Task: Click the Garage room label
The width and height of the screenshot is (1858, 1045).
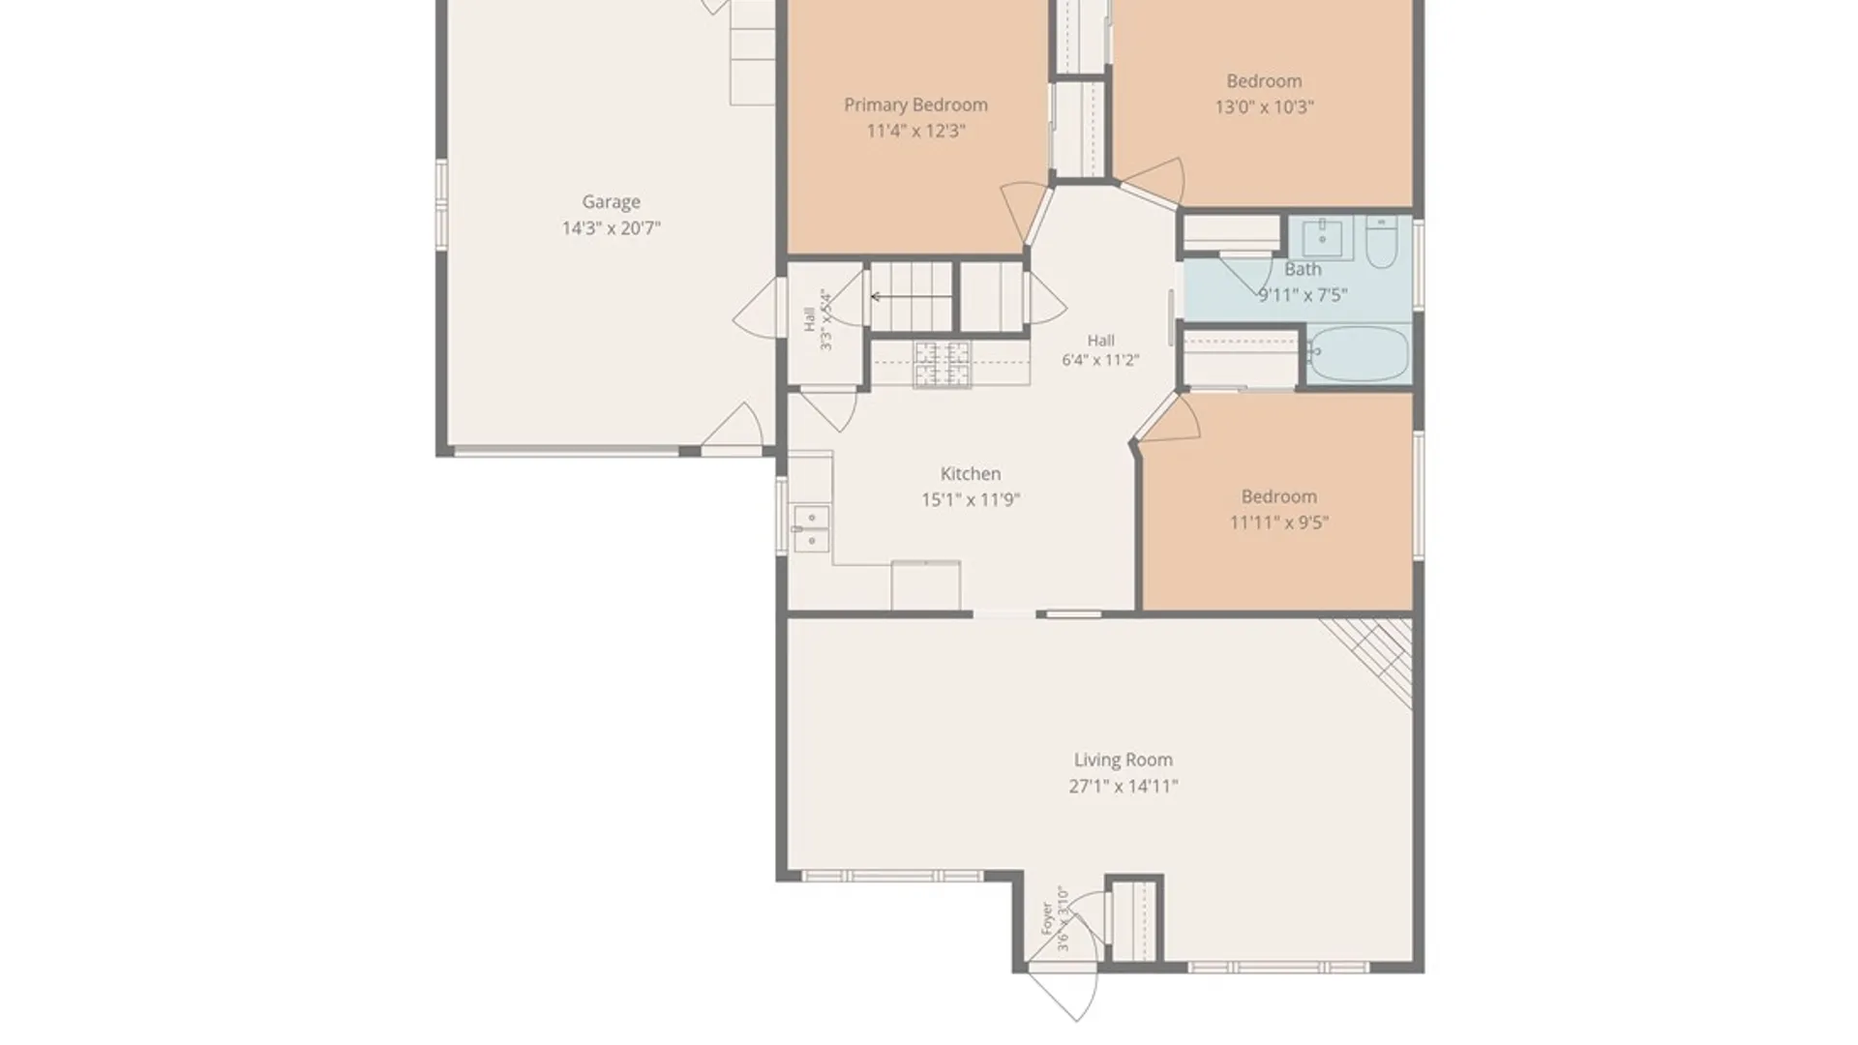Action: click(x=611, y=202)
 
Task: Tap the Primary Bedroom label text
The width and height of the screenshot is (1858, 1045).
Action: click(x=915, y=105)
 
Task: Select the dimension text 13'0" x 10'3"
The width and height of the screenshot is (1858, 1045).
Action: click(x=1264, y=107)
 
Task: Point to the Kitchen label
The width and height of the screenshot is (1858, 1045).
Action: click(x=971, y=474)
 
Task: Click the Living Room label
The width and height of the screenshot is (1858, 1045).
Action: click(x=1123, y=761)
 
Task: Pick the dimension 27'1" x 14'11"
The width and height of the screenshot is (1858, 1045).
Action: click(x=1123, y=787)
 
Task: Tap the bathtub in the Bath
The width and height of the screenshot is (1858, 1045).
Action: click(x=1358, y=353)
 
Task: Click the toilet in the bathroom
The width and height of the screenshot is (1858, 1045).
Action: click(x=1381, y=242)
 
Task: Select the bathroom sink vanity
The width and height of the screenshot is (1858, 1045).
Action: click(x=1321, y=238)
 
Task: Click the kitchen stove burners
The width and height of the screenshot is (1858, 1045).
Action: click(x=942, y=365)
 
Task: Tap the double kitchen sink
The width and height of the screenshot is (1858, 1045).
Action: click(x=811, y=528)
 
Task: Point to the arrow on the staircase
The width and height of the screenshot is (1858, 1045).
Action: click(x=911, y=297)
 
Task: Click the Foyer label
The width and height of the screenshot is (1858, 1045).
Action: click(x=1047, y=918)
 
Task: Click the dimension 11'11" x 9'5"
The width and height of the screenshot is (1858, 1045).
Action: click(x=1278, y=522)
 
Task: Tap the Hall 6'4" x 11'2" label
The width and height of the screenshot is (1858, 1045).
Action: click(x=1100, y=350)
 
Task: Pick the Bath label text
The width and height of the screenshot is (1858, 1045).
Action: click(x=1303, y=270)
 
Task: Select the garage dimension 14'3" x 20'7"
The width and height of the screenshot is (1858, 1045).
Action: click(x=611, y=228)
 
